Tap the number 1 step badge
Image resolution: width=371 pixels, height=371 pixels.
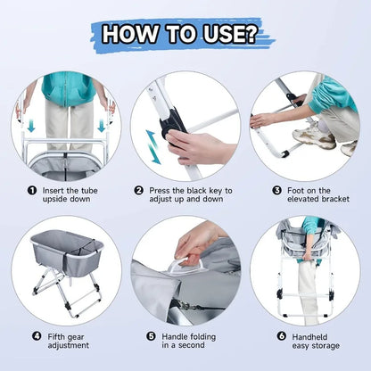pyautogui.click(x=32, y=190)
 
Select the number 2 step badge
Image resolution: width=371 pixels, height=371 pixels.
pyautogui.click(x=139, y=190)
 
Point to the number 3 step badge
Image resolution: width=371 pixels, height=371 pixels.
pyautogui.click(x=253, y=190)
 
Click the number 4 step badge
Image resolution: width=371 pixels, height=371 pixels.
pyautogui.click(x=36, y=336)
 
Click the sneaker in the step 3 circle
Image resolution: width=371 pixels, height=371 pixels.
pyautogui.click(x=313, y=136)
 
